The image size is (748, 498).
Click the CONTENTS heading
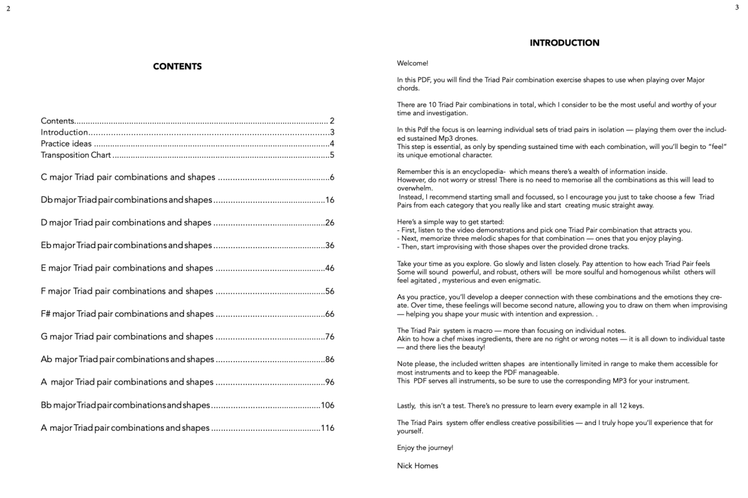coord(177,67)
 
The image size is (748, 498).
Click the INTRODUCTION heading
coord(564,43)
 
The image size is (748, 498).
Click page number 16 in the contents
coord(330,200)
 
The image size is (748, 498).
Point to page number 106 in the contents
coord(327,405)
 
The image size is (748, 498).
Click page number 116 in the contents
coord(327,428)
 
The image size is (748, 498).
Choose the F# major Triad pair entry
coord(127,314)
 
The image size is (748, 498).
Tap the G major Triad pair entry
coord(127,337)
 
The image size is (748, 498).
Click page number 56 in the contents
coord(330,291)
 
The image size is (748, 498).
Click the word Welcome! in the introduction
coord(412,63)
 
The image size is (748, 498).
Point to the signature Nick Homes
coord(417,466)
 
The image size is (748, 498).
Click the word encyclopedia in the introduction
coord(473,171)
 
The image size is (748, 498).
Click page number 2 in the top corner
coord(9,8)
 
